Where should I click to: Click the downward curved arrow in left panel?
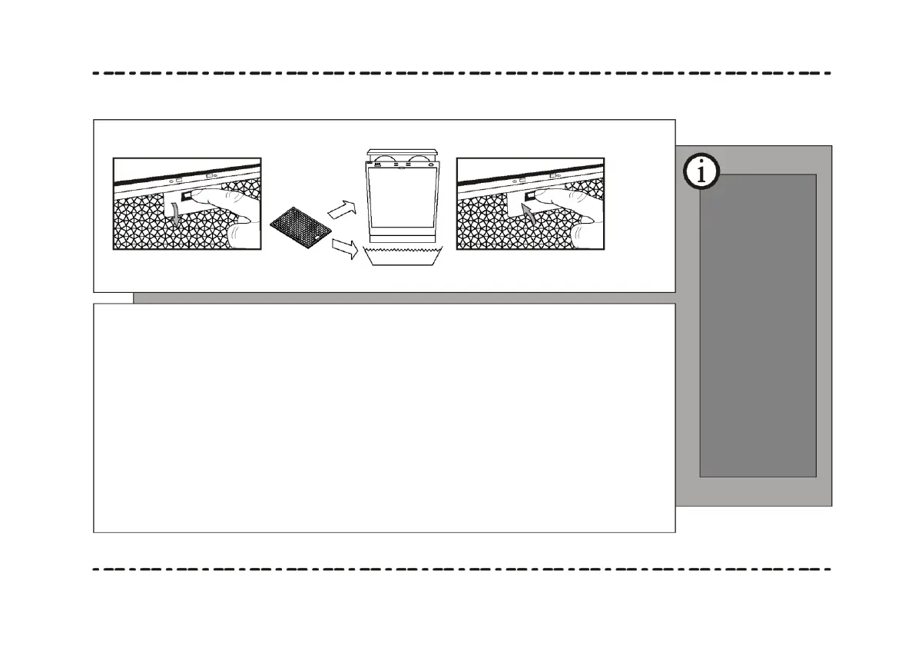[x=178, y=214]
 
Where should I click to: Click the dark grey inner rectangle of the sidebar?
[x=758, y=331]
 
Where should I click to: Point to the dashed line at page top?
[x=461, y=74]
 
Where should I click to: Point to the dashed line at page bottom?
[x=461, y=570]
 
